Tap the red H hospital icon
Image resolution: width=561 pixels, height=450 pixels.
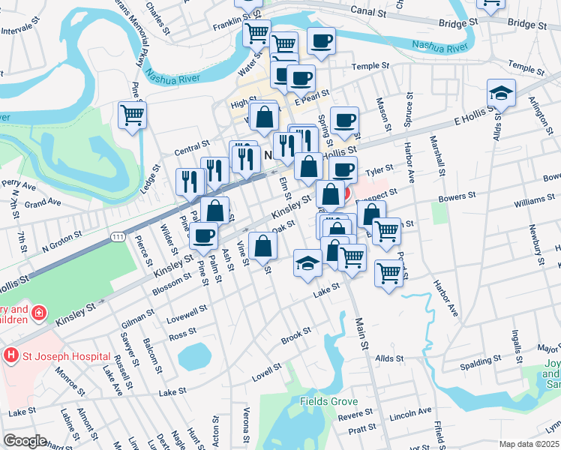(11, 354)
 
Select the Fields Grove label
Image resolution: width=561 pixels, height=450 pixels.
(329, 401)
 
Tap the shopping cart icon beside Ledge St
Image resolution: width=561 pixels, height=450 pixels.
(132, 115)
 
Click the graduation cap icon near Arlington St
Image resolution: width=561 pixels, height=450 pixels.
(501, 93)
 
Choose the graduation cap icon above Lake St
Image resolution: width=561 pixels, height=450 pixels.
(307, 263)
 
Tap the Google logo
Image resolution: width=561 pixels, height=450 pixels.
(24, 441)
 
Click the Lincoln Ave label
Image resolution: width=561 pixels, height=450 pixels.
(411, 412)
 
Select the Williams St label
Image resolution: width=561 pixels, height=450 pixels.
(534, 203)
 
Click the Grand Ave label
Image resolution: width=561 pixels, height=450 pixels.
(43, 203)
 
